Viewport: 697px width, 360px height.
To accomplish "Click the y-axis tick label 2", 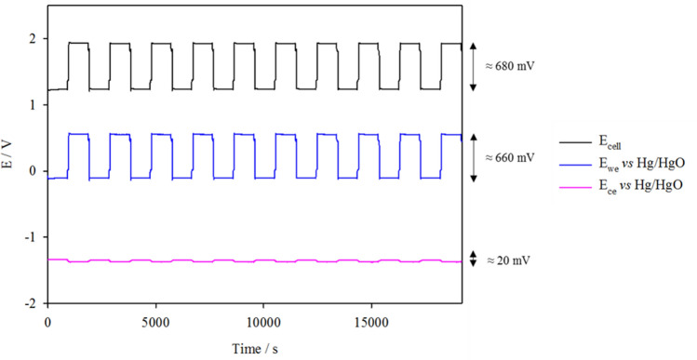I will coord(34,39).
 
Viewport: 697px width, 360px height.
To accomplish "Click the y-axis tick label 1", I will coord(34,105).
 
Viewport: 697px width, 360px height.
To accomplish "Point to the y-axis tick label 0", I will coord(34,171).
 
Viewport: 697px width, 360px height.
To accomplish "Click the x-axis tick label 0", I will coord(47,320).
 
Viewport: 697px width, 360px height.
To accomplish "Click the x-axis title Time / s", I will coord(250,347).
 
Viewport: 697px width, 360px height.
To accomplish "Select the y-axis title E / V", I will coord(11,171).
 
